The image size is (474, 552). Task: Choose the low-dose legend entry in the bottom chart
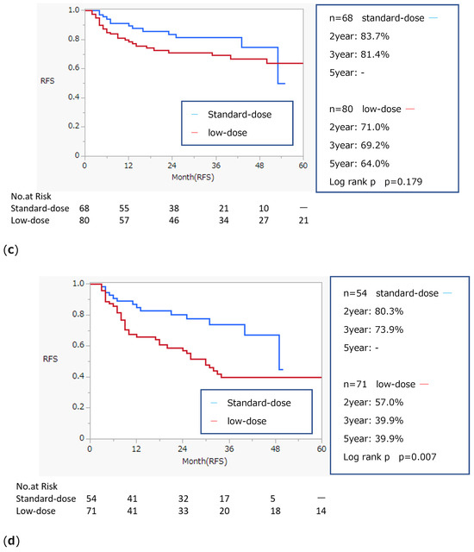(x=247, y=420)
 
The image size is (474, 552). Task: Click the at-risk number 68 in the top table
(x=84, y=208)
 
